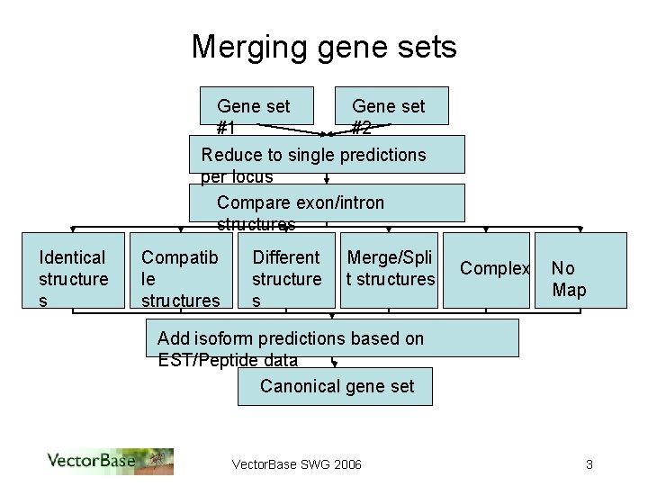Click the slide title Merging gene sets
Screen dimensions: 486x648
click(324, 47)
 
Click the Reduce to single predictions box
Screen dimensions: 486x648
click(327, 154)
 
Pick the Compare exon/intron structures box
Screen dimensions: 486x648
click(327, 202)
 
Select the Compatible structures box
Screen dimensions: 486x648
click(180, 270)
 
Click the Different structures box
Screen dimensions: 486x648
click(286, 270)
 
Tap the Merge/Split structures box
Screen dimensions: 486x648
click(390, 270)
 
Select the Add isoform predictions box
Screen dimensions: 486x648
click(332, 338)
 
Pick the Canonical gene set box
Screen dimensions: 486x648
click(336, 386)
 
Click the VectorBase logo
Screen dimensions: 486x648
click(110, 462)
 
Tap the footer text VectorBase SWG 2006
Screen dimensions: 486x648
click(297, 464)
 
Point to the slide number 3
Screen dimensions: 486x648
click(589, 464)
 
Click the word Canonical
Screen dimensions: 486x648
click(293, 386)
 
